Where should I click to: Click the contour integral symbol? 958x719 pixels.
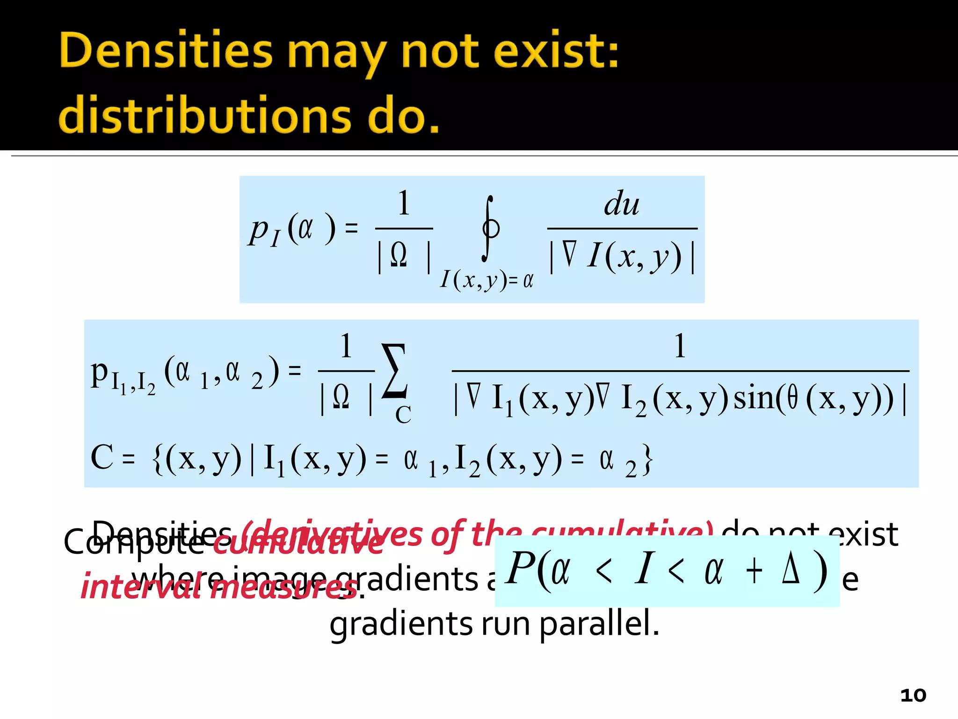tap(490, 228)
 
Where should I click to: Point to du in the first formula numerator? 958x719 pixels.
tap(621, 204)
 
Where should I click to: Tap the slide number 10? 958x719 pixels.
tap(913, 695)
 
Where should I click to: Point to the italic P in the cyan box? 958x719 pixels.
tap(520, 568)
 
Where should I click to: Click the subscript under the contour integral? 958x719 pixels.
tap(486, 280)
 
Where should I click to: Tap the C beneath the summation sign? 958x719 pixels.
tap(403, 415)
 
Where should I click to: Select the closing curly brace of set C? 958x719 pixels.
tap(647, 460)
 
